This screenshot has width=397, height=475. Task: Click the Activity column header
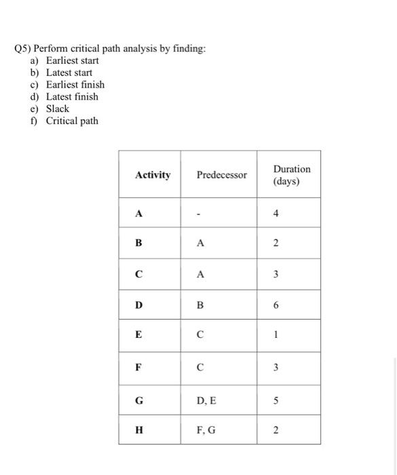click(x=153, y=175)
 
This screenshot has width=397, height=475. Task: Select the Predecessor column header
click(x=222, y=175)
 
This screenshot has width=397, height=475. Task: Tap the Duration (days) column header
click(x=292, y=175)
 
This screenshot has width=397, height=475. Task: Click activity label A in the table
click(x=139, y=213)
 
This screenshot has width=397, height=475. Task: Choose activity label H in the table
click(x=139, y=430)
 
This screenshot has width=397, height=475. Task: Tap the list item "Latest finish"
click(x=72, y=96)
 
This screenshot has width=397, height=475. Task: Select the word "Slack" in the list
click(x=58, y=109)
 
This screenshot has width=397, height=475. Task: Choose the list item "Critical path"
click(x=72, y=121)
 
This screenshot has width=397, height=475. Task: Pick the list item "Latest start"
click(x=69, y=73)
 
